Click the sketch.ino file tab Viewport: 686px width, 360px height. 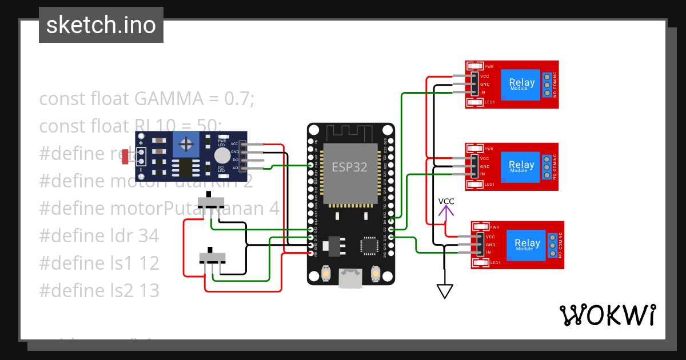[101, 25]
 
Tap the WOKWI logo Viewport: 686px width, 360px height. [607, 315]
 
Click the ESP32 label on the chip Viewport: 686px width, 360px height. [349, 166]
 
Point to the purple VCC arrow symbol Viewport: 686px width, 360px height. [446, 210]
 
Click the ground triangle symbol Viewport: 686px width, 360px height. [444, 291]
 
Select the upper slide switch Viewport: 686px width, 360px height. [210, 201]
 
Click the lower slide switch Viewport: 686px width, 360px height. [212, 256]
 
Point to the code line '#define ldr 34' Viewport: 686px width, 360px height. [99, 235]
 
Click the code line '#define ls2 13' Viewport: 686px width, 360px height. [99, 290]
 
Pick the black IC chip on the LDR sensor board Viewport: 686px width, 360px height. [186, 167]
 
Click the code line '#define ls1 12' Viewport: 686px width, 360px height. [99, 263]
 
